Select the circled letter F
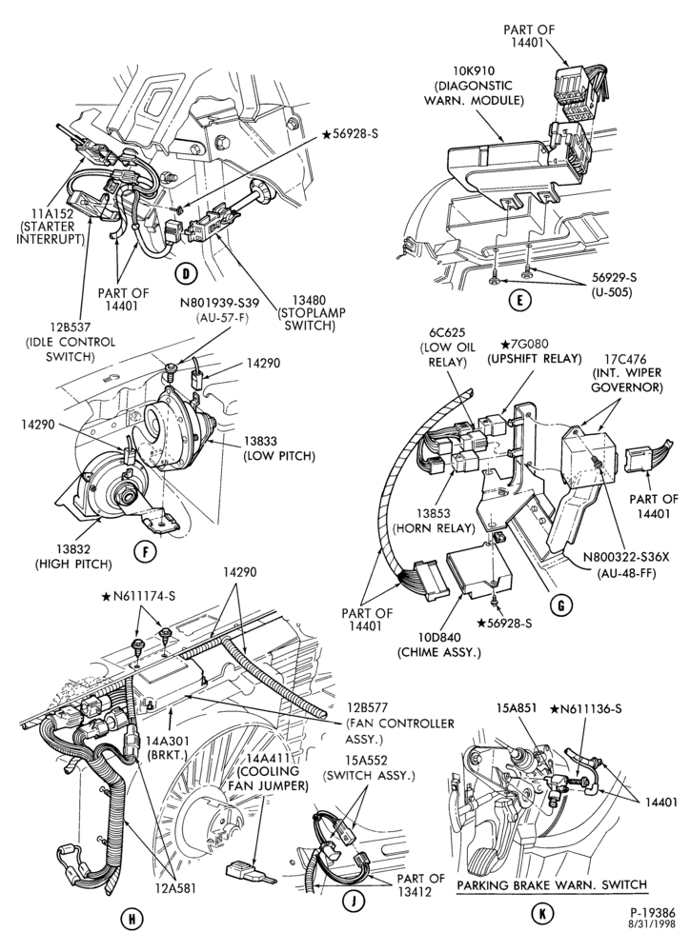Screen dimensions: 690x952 click(144, 551)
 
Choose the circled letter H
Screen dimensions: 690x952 click(130, 920)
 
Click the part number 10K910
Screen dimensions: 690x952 click(472, 72)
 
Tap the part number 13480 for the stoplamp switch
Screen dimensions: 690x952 click(311, 300)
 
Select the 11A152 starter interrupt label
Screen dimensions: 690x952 click(50, 226)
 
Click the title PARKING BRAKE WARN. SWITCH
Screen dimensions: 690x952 click(552, 884)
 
